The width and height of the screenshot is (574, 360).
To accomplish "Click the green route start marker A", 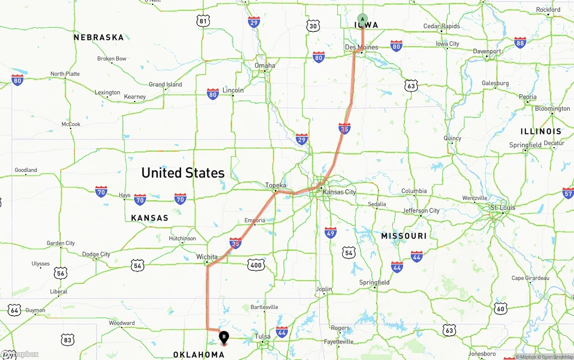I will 362,19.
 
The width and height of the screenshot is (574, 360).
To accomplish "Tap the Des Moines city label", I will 361,47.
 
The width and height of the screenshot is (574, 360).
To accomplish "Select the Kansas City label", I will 339,192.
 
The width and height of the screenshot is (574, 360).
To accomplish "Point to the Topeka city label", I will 275,185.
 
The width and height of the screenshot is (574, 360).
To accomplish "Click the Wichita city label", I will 207,257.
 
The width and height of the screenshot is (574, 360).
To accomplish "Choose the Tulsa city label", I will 263,336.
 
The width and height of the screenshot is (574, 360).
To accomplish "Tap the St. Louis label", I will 503,208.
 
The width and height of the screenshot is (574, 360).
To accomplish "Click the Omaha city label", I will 265,65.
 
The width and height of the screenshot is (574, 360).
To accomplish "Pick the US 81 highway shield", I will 203,21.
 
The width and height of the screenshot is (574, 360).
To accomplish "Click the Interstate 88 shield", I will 520,43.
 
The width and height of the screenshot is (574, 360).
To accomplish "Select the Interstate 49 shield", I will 330,232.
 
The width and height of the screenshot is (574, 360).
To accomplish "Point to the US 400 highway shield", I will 256,265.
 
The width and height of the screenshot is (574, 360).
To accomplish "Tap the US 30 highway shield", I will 313,26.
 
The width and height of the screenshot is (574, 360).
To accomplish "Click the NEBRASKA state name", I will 99,37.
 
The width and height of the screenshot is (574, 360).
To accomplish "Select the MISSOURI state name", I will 404,236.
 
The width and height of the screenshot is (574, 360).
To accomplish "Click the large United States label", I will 183,173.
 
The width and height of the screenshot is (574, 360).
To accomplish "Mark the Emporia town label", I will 255,220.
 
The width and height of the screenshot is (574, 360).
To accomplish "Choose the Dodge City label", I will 96,254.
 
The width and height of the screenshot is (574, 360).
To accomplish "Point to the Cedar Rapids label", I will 442,26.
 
